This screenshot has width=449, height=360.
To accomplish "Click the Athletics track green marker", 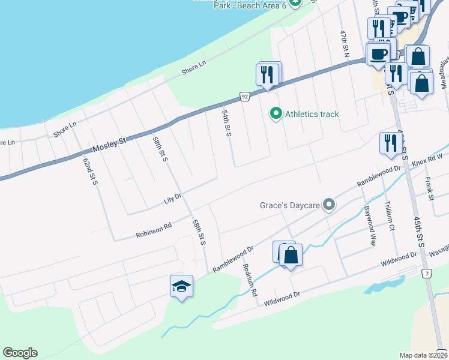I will click(276, 113).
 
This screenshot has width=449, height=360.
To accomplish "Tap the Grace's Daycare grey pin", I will click(328, 205).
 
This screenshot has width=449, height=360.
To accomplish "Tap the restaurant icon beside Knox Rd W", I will click(391, 143).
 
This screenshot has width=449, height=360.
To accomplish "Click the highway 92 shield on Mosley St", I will click(244, 96).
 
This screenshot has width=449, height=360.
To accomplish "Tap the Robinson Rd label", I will click(154, 230).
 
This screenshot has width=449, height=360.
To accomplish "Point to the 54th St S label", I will click(226, 123).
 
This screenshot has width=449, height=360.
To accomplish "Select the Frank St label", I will click(429, 188).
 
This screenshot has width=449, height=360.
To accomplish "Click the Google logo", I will click(20, 353).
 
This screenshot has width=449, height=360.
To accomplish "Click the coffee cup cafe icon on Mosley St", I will click(378, 54).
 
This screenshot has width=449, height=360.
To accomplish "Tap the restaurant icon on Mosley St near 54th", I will click(267, 74).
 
